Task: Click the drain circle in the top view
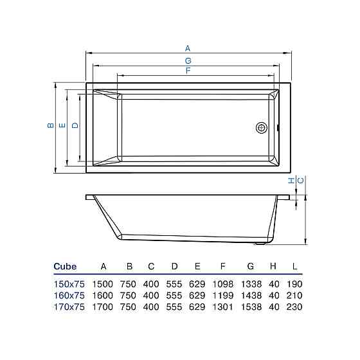click(x=262, y=128)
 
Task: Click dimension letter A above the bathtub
click(x=188, y=48)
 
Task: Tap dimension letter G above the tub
click(x=188, y=61)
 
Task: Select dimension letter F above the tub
click(x=188, y=71)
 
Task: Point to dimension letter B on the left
click(x=51, y=125)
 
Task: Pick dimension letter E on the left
click(x=62, y=125)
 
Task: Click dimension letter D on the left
click(x=75, y=125)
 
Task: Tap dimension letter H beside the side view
click(x=291, y=181)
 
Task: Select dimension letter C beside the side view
click(x=301, y=181)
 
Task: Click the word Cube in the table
click(x=65, y=266)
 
